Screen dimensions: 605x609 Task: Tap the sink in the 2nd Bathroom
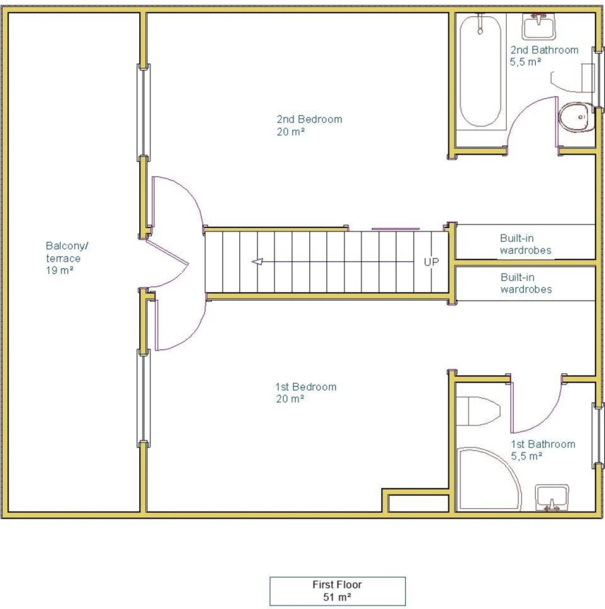tap(538, 26)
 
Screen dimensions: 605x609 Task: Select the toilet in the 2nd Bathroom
tap(577, 117)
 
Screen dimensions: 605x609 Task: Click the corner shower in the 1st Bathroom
tap(489, 479)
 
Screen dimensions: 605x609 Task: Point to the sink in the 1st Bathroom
tap(552, 497)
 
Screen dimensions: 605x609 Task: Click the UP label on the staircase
tap(432, 262)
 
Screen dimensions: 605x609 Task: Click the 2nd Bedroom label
tap(309, 125)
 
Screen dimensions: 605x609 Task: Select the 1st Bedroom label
tap(306, 393)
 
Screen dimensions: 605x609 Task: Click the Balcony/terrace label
tap(67, 258)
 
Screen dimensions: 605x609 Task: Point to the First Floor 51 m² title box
tap(337, 591)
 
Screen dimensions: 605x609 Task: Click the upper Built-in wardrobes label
tap(526, 244)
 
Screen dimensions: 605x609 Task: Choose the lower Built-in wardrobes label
tap(526, 283)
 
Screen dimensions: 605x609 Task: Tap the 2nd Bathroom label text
tap(544, 56)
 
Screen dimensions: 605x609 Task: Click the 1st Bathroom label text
tap(543, 450)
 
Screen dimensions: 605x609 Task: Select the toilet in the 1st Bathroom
tap(478, 411)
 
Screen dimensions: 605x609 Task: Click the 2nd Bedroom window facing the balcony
tap(144, 113)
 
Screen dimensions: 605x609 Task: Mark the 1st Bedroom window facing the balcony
tap(144, 399)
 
